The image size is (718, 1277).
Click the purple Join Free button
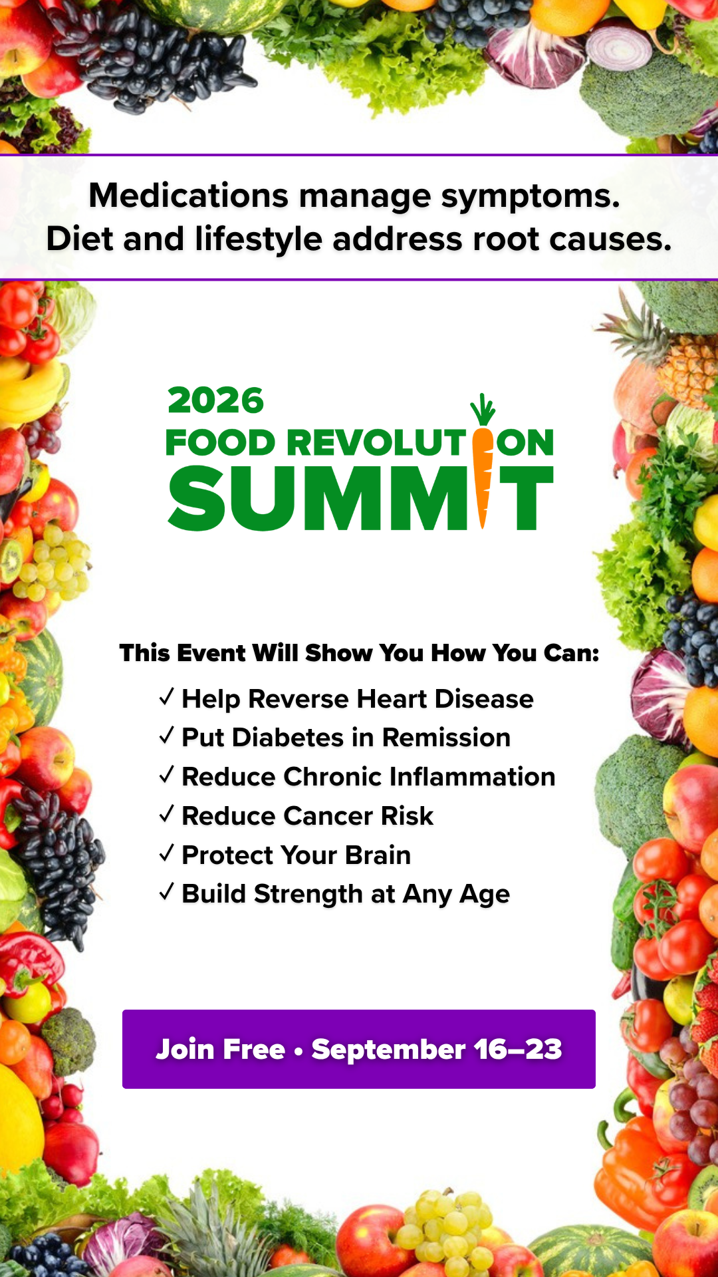[359, 1049]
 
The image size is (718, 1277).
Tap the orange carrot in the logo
[483, 466]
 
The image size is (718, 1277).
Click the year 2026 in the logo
[216, 400]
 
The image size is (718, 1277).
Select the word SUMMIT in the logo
[361, 497]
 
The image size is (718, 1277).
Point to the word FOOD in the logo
[221, 443]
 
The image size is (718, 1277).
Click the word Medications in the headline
[189, 196]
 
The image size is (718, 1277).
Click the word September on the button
[388, 1050]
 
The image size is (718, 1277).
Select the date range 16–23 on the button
[518, 1049]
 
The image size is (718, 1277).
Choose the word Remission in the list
[446, 738]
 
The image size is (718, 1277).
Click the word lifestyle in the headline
[259, 239]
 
